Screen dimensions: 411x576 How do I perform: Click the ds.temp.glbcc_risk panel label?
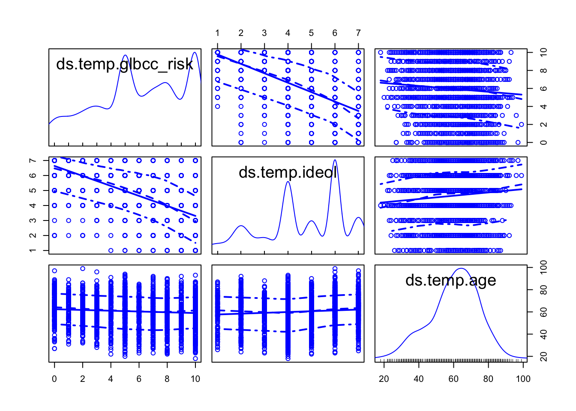[x=125, y=64]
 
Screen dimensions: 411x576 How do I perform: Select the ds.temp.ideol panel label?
[x=288, y=172]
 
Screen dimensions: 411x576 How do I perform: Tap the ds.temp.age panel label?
[x=451, y=280]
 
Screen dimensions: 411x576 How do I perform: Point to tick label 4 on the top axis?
[x=288, y=33]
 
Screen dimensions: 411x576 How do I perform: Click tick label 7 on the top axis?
[x=358, y=33]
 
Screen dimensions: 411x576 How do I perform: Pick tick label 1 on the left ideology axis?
[x=33, y=250]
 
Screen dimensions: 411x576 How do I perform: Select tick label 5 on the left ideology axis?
[x=33, y=191]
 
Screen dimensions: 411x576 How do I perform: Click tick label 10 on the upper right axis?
[x=543, y=52]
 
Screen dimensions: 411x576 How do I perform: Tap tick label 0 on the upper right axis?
[x=543, y=143]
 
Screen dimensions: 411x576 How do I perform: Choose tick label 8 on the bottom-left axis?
[x=167, y=379]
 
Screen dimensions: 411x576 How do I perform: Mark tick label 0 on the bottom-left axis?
[x=54, y=379]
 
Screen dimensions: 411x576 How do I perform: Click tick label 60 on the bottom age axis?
[x=453, y=379]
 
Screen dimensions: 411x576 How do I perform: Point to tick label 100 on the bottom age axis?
[x=523, y=379]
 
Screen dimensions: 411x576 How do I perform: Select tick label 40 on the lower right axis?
[x=543, y=334]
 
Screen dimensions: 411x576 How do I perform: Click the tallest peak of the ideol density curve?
[x=335, y=160]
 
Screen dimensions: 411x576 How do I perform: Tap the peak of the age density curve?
[x=461, y=268]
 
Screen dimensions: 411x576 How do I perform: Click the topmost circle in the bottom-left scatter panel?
[x=83, y=269]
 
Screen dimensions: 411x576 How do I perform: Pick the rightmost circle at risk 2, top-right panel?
[x=521, y=125]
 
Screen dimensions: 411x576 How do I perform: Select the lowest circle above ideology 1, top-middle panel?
[x=217, y=106]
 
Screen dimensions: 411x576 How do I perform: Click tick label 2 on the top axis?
[x=241, y=33]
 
